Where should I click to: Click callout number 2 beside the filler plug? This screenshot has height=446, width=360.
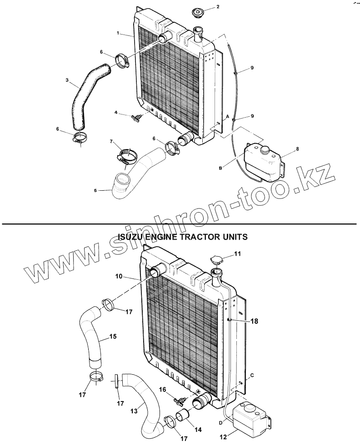click(x=217, y=7)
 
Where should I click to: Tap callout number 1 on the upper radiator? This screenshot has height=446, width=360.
click(x=118, y=34)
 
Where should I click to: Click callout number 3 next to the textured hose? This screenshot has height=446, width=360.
click(x=67, y=81)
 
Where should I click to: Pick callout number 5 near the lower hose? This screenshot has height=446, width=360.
click(x=95, y=190)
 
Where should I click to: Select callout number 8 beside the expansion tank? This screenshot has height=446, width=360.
click(x=297, y=149)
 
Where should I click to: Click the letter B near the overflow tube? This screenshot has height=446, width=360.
click(x=220, y=168)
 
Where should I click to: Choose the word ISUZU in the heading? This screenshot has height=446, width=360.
click(x=131, y=237)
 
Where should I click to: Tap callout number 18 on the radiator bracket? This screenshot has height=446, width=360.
click(x=254, y=321)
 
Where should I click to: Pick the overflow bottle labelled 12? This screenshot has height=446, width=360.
click(x=250, y=417)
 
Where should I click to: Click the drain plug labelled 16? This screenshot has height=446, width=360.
click(x=181, y=400)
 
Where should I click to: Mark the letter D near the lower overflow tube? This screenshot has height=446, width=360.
click(x=222, y=423)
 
